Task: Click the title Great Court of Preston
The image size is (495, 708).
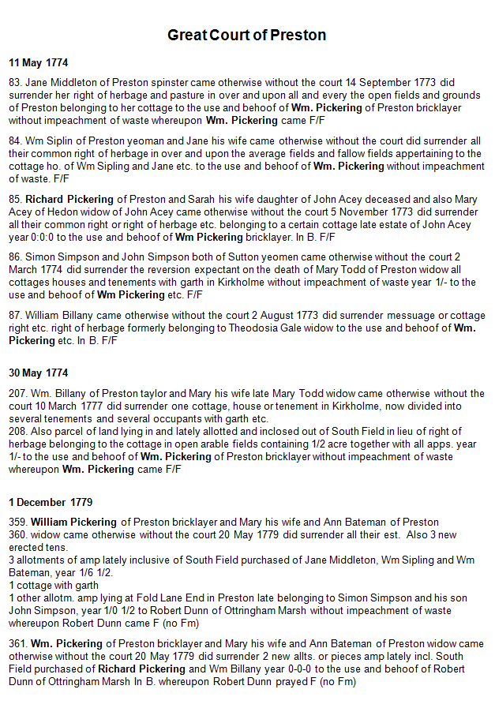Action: (x=246, y=36)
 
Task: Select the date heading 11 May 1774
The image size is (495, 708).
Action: (x=39, y=62)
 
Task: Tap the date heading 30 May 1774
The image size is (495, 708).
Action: (x=39, y=373)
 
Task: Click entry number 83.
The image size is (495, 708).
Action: (x=15, y=82)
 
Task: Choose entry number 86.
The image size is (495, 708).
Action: (x=15, y=257)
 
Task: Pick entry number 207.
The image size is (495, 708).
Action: (x=18, y=393)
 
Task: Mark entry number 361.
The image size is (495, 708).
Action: (x=18, y=644)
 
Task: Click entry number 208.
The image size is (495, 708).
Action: (x=18, y=431)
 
